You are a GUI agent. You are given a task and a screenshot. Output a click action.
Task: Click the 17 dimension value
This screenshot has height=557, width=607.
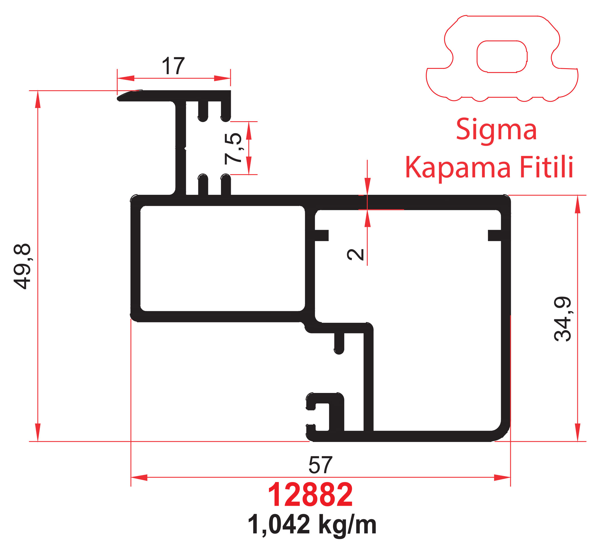coord(173,66)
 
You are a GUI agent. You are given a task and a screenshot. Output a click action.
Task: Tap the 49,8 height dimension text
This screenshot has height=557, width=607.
coord(22,266)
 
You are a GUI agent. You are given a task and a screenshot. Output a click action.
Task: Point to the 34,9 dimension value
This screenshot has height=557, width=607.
coord(563,319)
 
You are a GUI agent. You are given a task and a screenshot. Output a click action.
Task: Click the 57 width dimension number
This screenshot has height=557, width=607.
coord(320,465)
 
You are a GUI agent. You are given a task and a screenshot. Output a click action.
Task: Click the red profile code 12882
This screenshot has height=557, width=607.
coord(310,495)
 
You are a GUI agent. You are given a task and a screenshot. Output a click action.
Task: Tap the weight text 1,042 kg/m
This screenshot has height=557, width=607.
coord(312,525)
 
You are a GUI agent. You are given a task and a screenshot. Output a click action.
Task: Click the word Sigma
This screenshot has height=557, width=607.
coord(496,130)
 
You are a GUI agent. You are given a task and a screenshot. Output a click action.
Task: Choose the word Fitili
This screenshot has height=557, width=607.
coord(546,167)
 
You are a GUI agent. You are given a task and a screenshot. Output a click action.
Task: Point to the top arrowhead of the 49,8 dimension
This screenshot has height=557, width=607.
coord(38,99)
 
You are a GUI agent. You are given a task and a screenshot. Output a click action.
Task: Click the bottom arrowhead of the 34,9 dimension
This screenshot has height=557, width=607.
coord(577,433)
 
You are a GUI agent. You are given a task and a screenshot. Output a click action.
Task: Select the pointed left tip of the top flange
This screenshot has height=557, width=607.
coord(118,98)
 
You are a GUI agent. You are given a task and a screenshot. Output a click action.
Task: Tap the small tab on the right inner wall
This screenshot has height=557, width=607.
coord(494,235)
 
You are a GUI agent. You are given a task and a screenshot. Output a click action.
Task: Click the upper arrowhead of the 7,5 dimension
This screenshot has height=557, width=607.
coord(249,131)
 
